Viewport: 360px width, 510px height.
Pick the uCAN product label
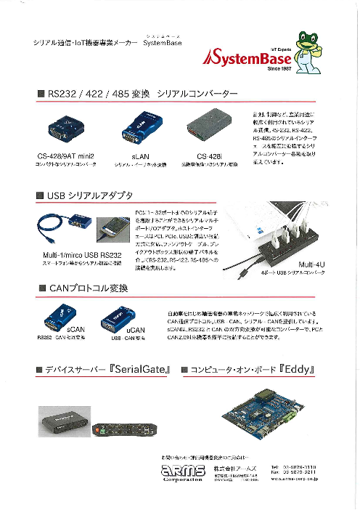click(x=135, y=331)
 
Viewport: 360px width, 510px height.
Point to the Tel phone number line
click(x=296, y=466)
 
